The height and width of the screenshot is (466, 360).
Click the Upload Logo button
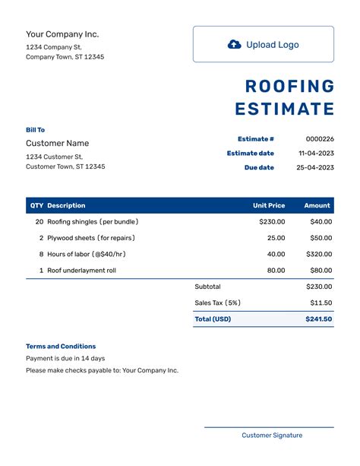tap(263, 45)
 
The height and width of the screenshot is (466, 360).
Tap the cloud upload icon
tap(235, 45)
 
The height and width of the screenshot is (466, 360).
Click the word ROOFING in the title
tap(289, 86)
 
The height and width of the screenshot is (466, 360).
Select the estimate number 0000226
tap(320, 139)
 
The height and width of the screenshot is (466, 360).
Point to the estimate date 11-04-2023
tap(316, 154)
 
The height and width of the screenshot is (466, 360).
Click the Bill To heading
tap(35, 130)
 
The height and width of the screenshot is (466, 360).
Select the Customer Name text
tap(57, 143)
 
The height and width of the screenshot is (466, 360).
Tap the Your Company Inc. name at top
tap(62, 34)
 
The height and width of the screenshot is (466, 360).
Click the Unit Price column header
tap(269, 205)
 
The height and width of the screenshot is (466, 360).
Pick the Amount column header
tap(317, 205)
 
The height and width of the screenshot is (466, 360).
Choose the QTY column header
tap(36, 205)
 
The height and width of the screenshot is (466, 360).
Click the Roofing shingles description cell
tap(93, 222)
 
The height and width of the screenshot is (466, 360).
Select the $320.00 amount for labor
tap(320, 255)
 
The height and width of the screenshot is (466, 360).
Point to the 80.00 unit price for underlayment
tap(276, 271)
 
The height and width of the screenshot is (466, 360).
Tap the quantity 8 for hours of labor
tap(41, 255)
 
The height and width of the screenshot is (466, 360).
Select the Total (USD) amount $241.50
tap(319, 319)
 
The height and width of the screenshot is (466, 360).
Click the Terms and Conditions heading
tap(61, 346)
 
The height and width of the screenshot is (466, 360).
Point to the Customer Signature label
tap(272, 436)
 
